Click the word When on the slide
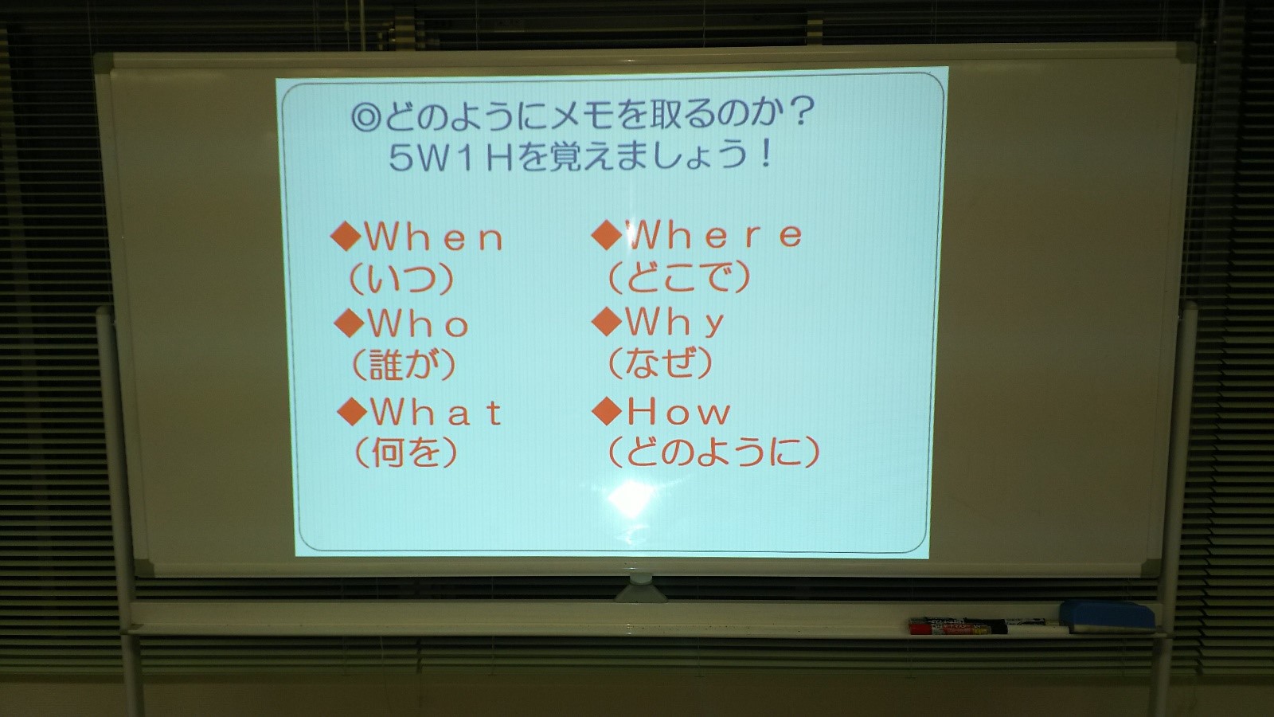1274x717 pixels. pos(435,237)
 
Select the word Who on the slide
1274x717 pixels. pos(419,324)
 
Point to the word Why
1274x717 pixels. pos(674,322)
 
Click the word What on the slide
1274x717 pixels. pos(436,413)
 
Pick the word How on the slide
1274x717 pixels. pos(678,412)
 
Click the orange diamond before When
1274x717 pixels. pos(346,237)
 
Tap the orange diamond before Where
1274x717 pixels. pos(607,235)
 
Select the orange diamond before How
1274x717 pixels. pos(607,412)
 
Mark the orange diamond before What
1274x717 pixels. pos(351,413)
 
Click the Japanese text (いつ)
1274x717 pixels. pos(402,279)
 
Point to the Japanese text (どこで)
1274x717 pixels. pos(679,277)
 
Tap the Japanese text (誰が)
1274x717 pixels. pos(404,365)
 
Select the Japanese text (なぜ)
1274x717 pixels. pos(660,362)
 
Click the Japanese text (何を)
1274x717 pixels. pos(405,453)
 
